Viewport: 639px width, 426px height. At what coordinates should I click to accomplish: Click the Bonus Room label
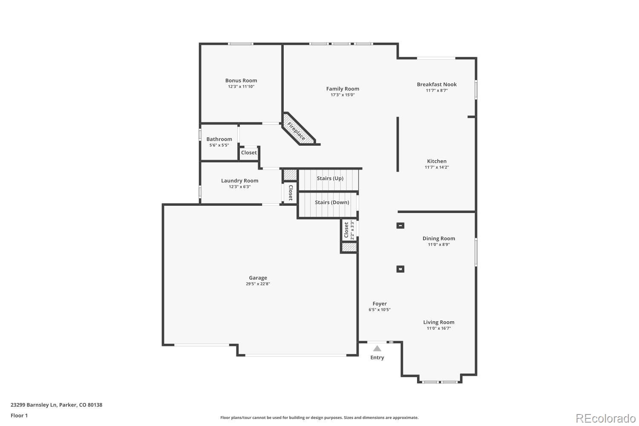pos(241,81)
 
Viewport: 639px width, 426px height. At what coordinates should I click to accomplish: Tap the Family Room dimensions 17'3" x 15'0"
pos(343,95)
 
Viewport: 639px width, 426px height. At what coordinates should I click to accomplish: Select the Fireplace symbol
pos(296,131)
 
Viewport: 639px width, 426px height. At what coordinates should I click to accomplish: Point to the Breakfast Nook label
pos(437,84)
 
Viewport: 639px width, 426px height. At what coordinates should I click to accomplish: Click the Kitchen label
pos(437,161)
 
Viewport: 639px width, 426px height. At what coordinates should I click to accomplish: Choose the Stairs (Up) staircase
pos(329,179)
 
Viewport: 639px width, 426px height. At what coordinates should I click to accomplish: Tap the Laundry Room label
pos(239,181)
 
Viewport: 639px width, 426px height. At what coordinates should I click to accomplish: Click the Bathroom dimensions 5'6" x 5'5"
pos(219,145)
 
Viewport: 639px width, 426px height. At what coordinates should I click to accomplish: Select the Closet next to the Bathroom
pos(249,153)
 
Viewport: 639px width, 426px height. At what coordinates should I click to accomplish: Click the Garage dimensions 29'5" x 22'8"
pos(258,284)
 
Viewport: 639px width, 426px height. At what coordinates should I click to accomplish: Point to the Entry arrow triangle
pos(377,348)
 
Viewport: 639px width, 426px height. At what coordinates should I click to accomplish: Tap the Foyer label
pos(380,304)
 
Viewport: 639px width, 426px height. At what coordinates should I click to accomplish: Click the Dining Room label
pos(438,239)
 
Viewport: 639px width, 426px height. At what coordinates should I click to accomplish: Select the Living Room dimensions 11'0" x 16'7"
pos(438,328)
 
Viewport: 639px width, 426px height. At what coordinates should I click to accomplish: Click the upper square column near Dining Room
pos(400,225)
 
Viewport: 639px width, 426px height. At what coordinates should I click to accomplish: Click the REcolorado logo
pos(605,418)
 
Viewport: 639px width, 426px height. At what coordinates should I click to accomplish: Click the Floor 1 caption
pos(19,415)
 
